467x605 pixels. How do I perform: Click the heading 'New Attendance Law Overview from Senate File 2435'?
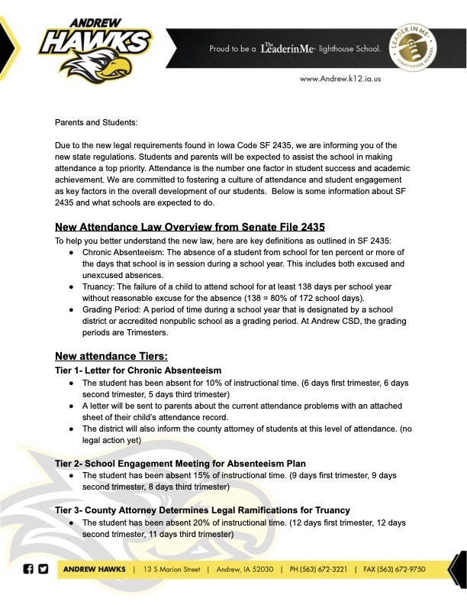190,227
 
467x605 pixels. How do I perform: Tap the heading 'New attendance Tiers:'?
111,356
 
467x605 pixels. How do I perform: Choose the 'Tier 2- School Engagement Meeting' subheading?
180,464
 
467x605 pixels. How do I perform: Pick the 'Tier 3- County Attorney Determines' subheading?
202,510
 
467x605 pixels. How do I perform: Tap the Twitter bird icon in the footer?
43,569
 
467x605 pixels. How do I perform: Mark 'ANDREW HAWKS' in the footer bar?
95,570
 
